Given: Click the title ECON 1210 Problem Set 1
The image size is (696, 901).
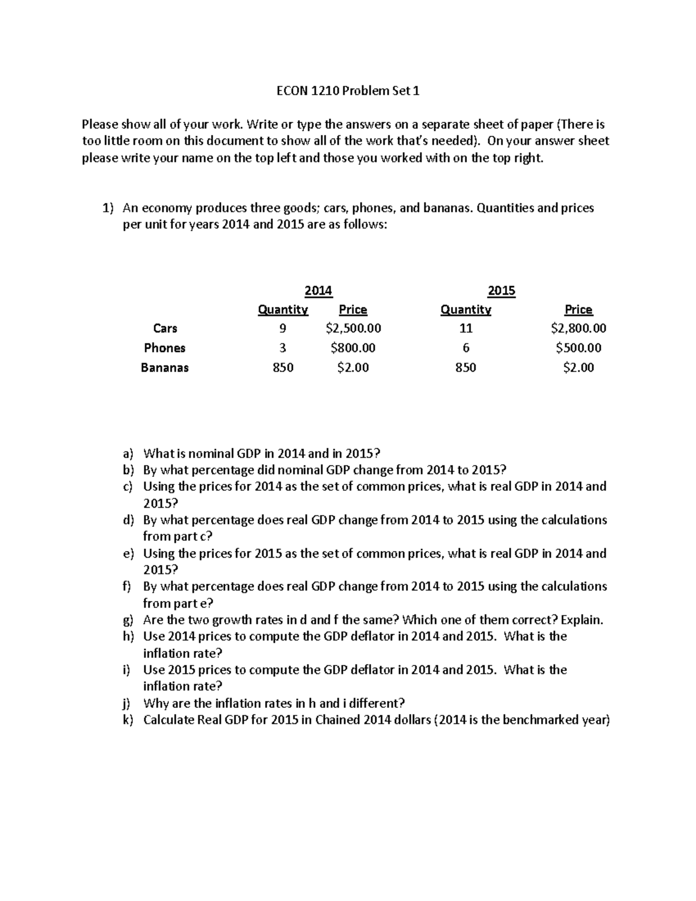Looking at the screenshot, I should coord(347,91).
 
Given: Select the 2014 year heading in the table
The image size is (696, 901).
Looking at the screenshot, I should coord(318,291).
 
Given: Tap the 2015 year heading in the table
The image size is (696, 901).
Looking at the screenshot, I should coord(501,291).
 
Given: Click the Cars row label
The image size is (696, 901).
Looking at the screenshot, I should coord(165,328).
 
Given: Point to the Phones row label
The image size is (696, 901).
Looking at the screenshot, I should coord(165,348).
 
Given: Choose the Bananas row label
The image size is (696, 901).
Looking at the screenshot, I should coord(165,368).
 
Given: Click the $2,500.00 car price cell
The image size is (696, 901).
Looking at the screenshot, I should coord(353,328).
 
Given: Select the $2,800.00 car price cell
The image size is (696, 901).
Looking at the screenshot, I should coord(578,328).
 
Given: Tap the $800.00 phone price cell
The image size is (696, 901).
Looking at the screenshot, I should coord(353,348).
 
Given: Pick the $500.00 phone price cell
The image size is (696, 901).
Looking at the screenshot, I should coord(578,348).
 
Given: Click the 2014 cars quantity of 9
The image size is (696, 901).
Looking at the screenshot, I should coord(282,328).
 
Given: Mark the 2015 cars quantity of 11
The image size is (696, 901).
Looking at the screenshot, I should coord(466,328).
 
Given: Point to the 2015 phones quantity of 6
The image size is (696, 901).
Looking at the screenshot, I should coord(466,348).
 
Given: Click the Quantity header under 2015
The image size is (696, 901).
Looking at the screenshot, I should coord(466,310).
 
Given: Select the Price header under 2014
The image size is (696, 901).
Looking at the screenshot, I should coord(353,310).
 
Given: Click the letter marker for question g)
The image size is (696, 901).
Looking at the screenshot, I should coord(128,620).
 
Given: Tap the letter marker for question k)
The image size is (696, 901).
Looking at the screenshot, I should coord(128,721).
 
